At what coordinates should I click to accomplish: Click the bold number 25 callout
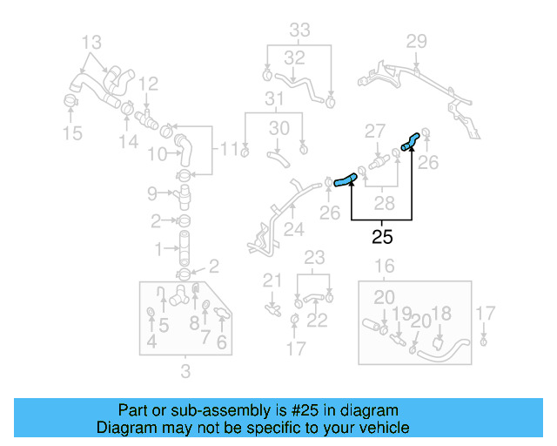click(382, 235)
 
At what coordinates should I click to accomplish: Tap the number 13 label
click(91, 41)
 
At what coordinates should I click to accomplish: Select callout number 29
click(417, 41)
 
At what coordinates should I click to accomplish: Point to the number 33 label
click(299, 30)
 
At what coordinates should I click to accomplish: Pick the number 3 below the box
click(185, 374)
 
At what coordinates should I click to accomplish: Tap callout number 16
click(384, 266)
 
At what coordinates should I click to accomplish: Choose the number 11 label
click(228, 150)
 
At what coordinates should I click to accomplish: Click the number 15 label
click(72, 133)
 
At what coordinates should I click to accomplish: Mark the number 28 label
click(383, 203)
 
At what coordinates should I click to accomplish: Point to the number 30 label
click(278, 128)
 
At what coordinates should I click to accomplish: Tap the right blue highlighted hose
click(410, 140)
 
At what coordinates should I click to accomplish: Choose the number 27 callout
click(374, 132)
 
